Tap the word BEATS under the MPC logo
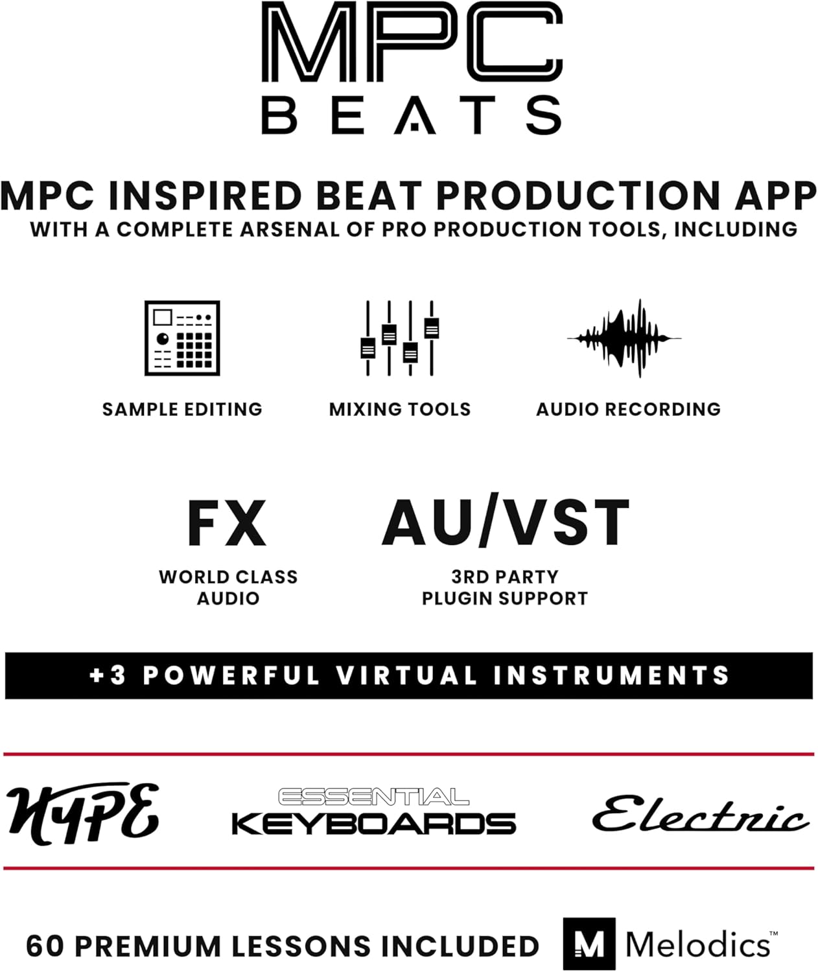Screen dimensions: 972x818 [x=411, y=115]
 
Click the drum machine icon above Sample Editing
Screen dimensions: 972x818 [x=182, y=338]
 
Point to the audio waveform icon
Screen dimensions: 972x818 [x=624, y=338]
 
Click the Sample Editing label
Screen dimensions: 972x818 [x=182, y=410]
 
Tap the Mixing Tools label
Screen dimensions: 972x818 [x=400, y=410]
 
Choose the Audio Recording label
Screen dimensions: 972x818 [x=628, y=410]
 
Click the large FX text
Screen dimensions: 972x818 [x=227, y=524]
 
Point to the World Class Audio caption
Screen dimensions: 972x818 [x=228, y=587]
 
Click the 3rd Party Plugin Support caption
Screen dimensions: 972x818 [x=504, y=587]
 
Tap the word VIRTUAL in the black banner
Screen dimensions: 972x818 [x=407, y=676]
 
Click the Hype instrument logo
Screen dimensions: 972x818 [x=83, y=814]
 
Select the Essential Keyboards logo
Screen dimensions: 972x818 [x=373, y=812]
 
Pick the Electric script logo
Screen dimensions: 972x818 [x=700, y=814]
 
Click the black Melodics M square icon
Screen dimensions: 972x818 [x=589, y=943]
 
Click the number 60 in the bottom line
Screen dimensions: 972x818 [x=45, y=946]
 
